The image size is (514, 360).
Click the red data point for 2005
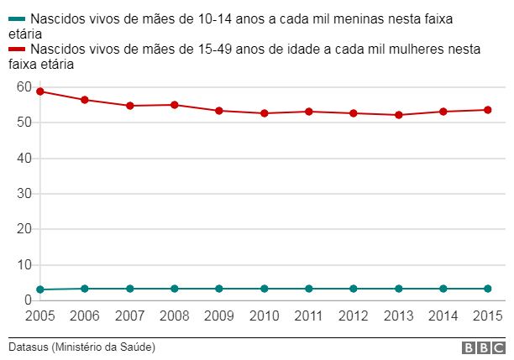(40, 91)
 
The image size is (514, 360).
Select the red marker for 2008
(174, 105)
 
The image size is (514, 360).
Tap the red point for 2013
(398, 115)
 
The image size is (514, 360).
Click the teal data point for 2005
(40, 290)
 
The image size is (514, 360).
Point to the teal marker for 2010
(264, 289)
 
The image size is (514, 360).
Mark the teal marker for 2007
(130, 289)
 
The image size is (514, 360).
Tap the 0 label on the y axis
(28, 300)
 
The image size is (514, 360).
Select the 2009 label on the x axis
(219, 316)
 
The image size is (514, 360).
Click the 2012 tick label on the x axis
(354, 316)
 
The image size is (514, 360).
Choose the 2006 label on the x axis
(85, 316)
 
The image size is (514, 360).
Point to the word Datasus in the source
(29, 347)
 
